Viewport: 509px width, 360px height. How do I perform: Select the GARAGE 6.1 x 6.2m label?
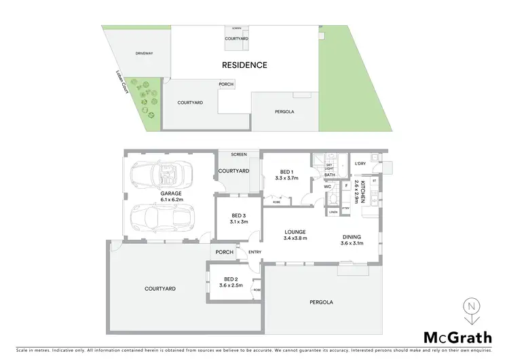coord(170,196)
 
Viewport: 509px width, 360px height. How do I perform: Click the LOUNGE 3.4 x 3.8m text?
coord(295,235)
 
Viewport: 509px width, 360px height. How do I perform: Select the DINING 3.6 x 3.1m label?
coord(352,240)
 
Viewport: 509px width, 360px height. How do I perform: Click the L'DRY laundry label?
coord(360,164)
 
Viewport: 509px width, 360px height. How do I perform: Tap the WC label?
coord(326,186)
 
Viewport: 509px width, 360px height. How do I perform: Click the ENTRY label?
coord(254,253)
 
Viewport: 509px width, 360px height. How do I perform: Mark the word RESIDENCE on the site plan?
coord(245,65)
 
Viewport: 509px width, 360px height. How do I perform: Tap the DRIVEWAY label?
coord(144,52)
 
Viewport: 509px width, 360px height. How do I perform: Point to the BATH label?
coord(328,175)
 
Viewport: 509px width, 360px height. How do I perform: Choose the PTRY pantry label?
coord(345,209)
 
